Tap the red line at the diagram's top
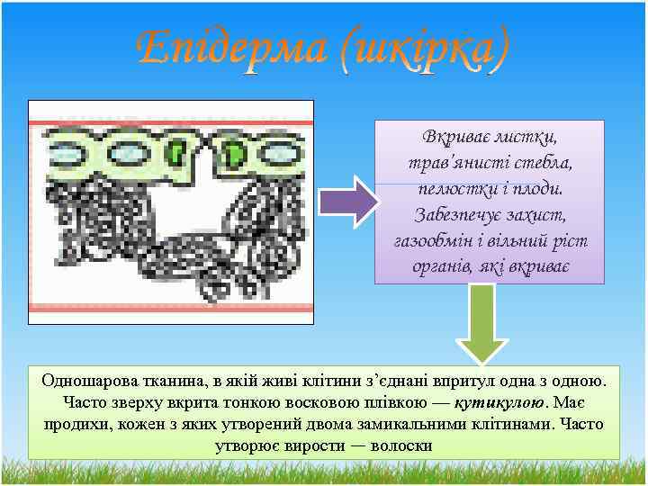(171, 122)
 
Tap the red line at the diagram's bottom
(171, 307)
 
